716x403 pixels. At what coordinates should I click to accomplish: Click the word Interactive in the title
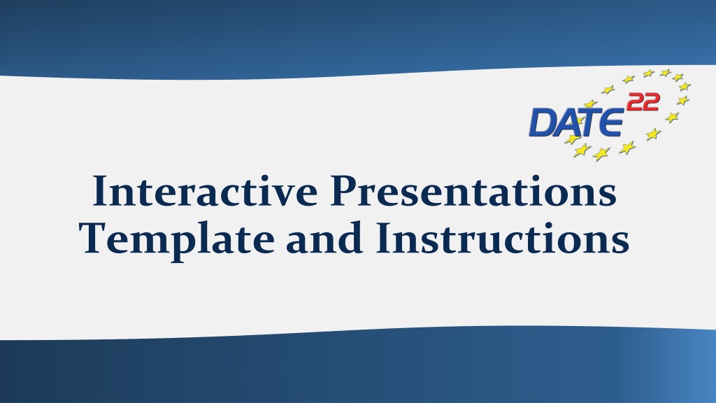click(205, 190)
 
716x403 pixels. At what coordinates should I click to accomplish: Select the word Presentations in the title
click(473, 190)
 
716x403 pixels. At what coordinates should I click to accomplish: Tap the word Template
click(177, 239)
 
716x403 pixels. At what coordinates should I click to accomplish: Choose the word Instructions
click(503, 238)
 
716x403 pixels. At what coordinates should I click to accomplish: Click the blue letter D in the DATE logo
click(542, 122)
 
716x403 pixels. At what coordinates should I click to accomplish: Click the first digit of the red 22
click(635, 102)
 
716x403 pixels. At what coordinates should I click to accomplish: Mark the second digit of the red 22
click(651, 102)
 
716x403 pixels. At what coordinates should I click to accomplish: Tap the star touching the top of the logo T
click(590, 104)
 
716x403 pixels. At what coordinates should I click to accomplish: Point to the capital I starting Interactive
click(101, 190)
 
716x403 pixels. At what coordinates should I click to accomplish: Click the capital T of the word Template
click(94, 238)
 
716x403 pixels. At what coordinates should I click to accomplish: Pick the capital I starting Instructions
click(385, 238)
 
